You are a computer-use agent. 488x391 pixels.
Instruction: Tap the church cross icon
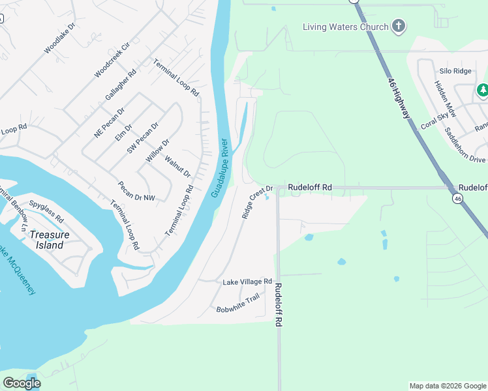point(399,27)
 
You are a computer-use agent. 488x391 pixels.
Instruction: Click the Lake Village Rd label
point(247,282)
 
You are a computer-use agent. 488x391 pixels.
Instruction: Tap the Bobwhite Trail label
point(238,304)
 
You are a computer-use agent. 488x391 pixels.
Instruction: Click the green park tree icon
point(483,90)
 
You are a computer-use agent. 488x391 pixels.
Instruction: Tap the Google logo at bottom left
point(22,383)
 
